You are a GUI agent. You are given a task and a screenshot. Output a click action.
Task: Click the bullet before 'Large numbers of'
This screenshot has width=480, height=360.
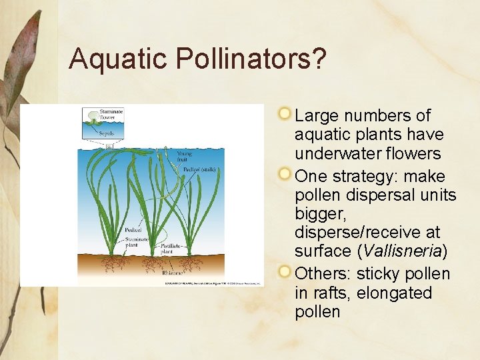285,113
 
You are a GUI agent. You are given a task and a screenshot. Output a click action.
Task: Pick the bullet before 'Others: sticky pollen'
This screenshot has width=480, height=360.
285,272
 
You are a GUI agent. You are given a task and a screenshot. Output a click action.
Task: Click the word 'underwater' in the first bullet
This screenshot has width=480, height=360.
368,153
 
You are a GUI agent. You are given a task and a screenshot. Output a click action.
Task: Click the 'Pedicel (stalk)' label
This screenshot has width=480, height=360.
200,169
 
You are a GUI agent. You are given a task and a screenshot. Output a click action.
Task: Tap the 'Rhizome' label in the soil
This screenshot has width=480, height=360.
171,272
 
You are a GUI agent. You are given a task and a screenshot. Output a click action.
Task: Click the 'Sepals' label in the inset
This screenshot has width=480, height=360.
107,133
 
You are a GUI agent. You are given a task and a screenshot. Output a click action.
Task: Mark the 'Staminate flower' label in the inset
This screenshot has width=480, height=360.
111,114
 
